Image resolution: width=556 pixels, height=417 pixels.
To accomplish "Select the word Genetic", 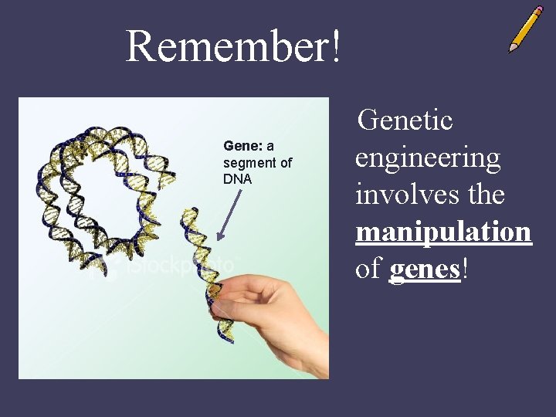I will [406, 120].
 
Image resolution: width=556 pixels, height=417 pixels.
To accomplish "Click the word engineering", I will [428, 159].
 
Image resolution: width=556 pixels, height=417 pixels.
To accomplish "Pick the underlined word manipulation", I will [443, 232].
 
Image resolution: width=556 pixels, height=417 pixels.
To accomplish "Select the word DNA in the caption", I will [237, 179].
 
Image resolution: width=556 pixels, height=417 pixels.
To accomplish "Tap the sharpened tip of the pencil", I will [511, 50].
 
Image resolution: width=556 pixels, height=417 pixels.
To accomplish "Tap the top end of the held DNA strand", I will [191, 210].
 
